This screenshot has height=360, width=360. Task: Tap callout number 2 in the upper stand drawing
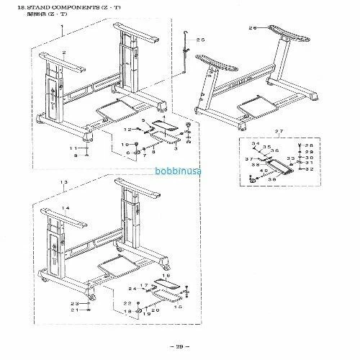coord(64,53)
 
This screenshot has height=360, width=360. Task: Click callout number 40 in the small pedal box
coord(264,170)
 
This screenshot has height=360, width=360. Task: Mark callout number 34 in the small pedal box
coord(256,144)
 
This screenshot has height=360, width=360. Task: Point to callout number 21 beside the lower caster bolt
coord(74,310)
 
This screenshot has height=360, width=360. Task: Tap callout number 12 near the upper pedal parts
coord(127,129)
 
